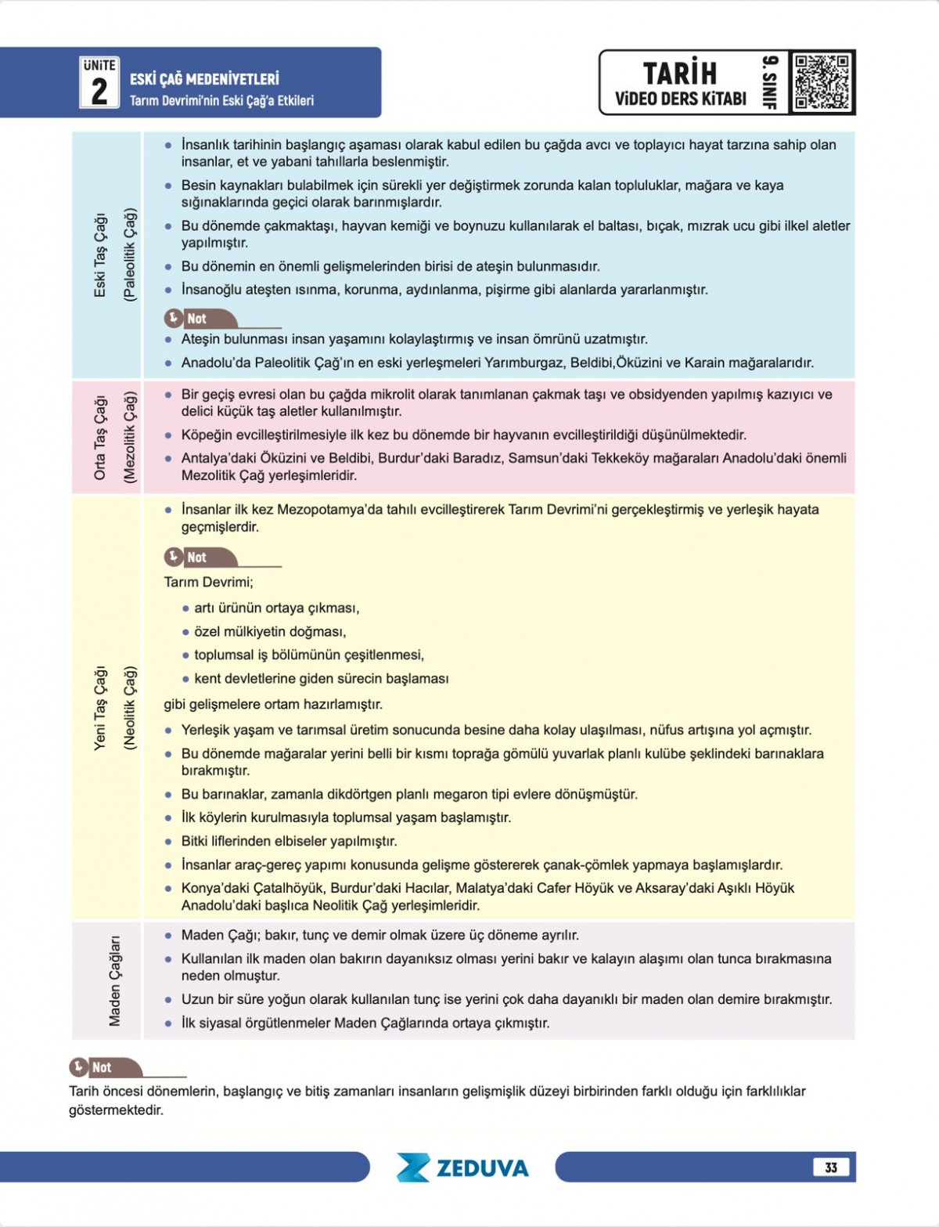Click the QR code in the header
821,82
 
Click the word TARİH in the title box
679,73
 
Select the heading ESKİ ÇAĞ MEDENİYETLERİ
204,79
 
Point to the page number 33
830,1167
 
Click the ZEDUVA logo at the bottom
462,1167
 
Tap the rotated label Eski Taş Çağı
100,254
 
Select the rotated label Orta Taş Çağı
100,436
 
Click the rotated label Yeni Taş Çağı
100,708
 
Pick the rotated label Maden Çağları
115,980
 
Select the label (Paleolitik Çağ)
130,254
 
